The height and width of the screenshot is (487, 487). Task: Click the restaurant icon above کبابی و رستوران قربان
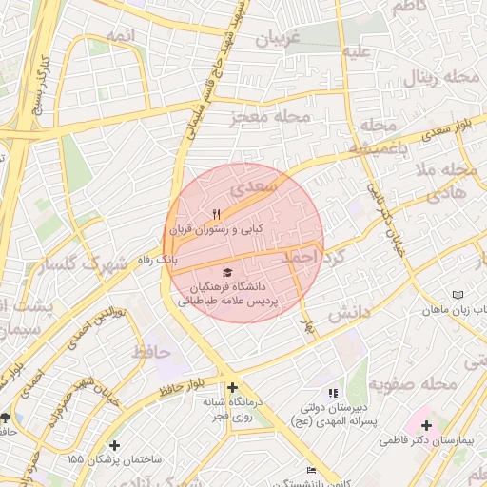[215, 213]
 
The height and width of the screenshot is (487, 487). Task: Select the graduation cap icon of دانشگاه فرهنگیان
[225, 273]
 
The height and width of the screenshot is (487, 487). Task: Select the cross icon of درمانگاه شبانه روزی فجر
[233, 387]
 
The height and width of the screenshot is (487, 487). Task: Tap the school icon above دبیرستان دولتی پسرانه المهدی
[332, 393]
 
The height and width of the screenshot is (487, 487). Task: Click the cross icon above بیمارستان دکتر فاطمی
[426, 425]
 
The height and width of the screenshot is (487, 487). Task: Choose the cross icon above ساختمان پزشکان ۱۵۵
[115, 444]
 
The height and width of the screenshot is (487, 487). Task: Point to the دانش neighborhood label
[348, 314]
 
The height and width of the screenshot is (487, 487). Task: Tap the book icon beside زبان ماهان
[459, 295]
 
